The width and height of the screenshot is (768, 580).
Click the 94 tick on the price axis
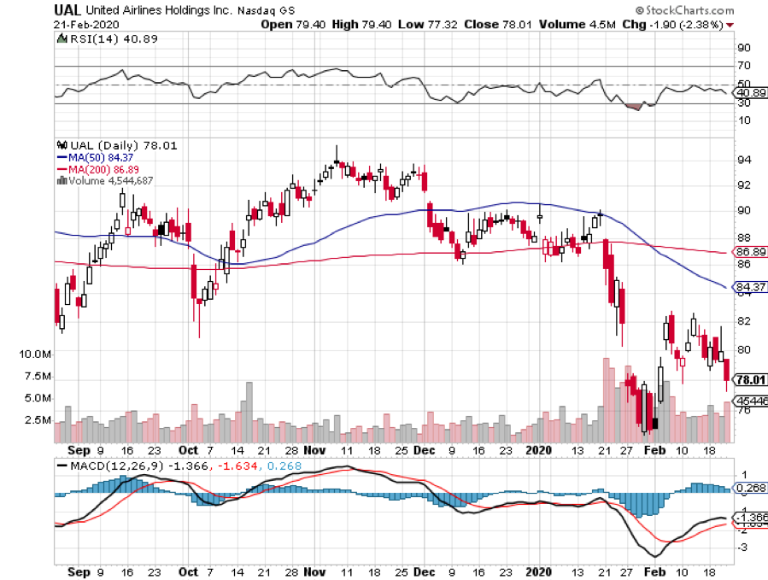click(x=744, y=160)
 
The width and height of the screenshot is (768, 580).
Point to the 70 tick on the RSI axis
click(x=744, y=66)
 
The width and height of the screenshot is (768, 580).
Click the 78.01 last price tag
click(x=750, y=380)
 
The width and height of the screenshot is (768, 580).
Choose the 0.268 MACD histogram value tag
click(x=750, y=489)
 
